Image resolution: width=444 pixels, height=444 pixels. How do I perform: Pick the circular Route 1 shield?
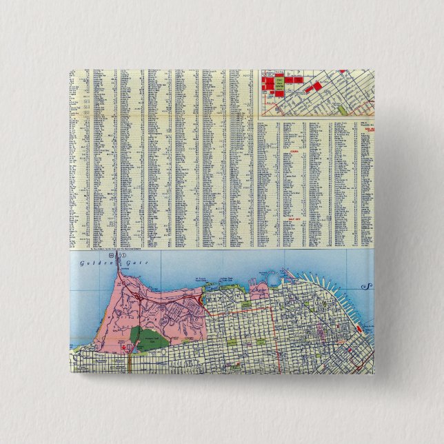pyautogui.click(x=126, y=256)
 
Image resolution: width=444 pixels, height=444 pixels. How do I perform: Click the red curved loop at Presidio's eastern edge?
pyautogui.click(x=200, y=301)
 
